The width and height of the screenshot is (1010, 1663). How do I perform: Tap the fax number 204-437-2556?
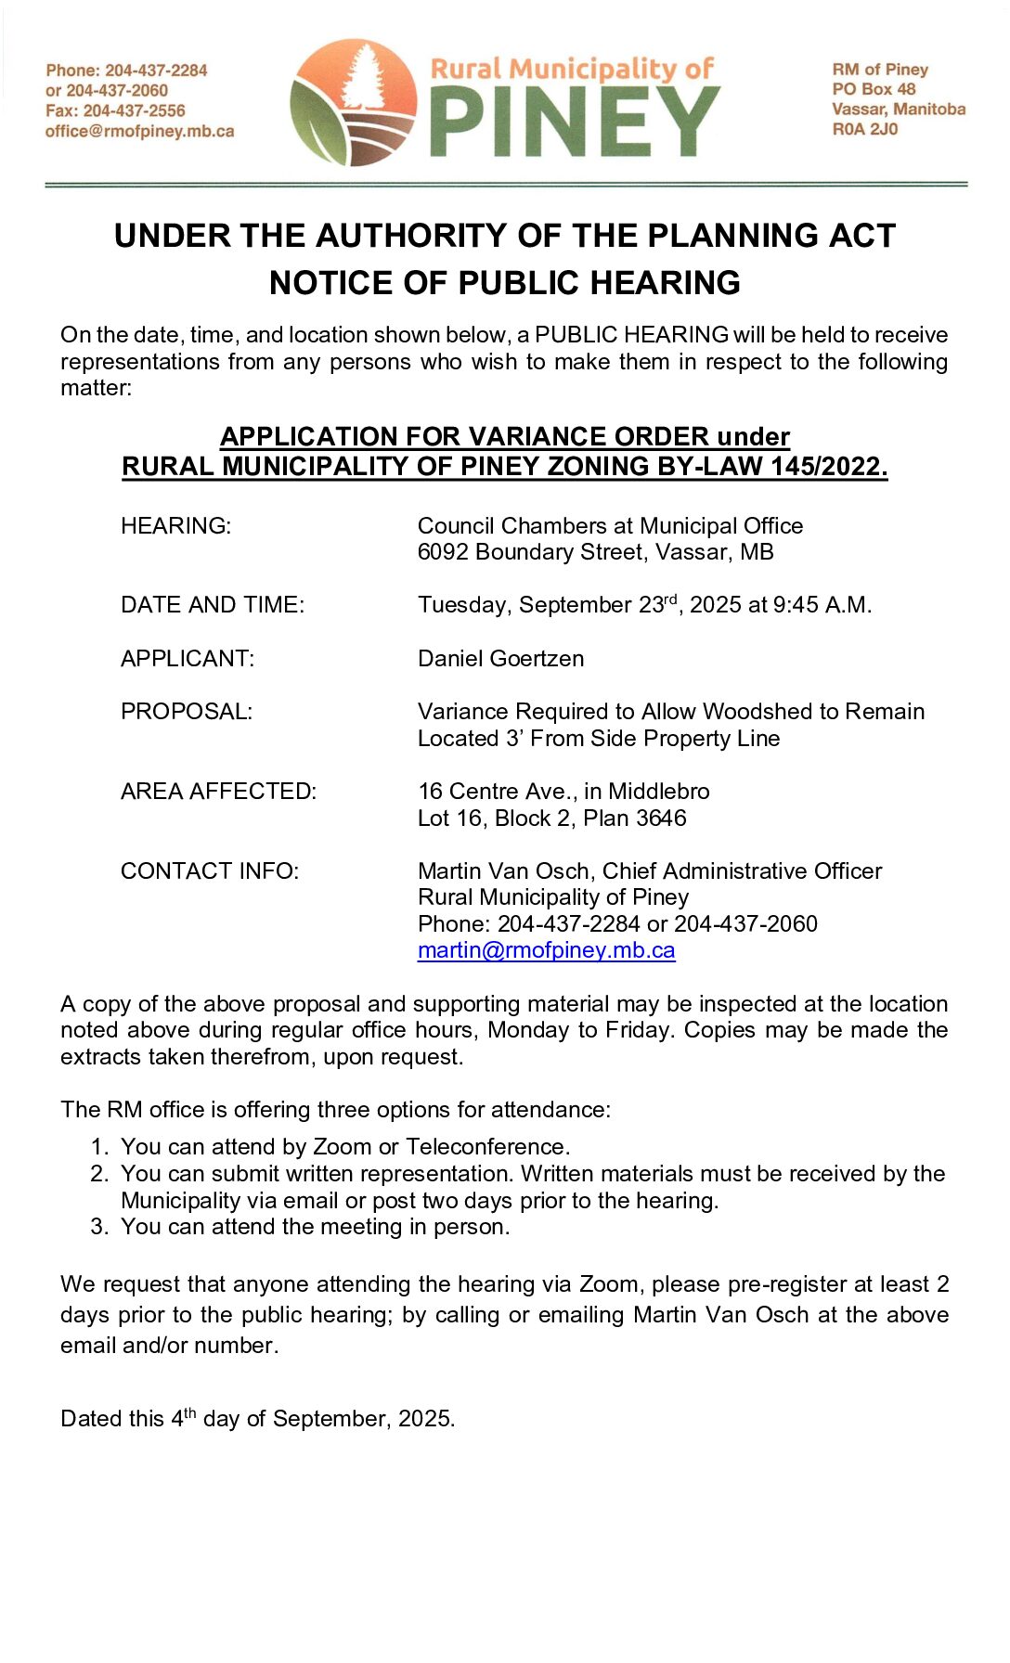134,110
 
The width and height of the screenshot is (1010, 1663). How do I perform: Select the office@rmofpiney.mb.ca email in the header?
139,131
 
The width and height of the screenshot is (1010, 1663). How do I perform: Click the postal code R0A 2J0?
864,129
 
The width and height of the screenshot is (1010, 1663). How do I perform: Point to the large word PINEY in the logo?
575,122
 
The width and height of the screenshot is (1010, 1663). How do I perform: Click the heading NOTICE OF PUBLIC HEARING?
504,282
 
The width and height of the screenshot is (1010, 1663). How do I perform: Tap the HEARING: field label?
175,525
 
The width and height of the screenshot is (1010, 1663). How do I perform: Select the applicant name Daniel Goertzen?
500,659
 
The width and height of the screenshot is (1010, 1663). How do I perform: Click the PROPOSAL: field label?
186,712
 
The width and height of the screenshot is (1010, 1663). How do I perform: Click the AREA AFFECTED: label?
218,792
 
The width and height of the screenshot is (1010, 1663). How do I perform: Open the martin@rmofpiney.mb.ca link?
546,950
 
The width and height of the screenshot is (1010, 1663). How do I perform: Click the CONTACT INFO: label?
209,871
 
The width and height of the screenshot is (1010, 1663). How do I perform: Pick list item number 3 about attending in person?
315,1227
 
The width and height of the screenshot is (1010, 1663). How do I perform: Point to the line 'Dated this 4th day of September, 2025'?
257,1419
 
